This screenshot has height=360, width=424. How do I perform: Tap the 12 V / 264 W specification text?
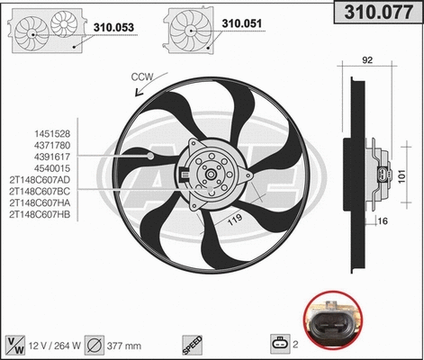55,343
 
